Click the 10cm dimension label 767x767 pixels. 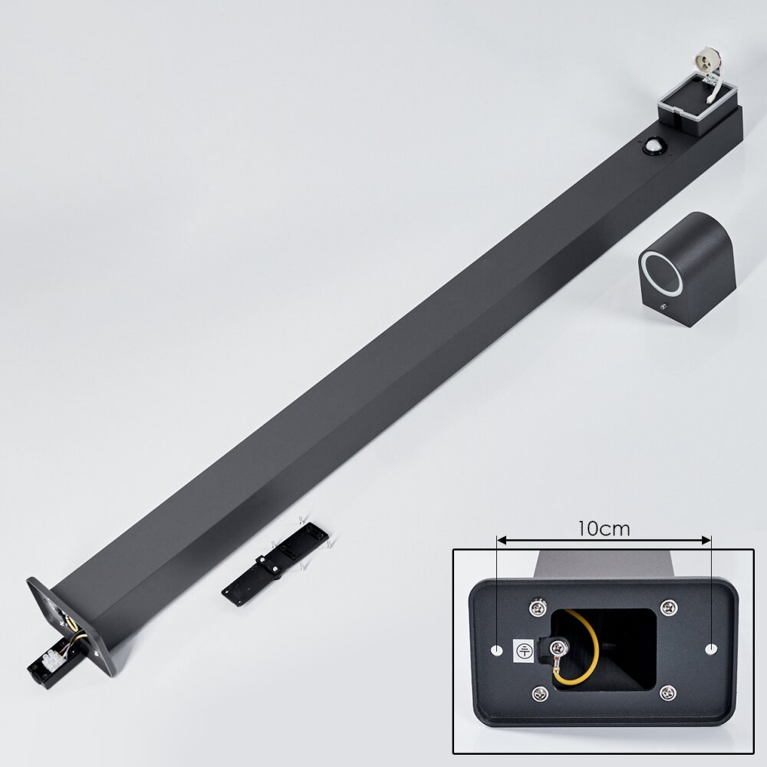tap(604, 528)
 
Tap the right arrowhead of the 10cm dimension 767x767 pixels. tap(706, 540)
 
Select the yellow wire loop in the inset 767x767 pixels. tap(578, 654)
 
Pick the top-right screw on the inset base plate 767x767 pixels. tap(668, 607)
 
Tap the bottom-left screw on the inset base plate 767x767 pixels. tap(540, 693)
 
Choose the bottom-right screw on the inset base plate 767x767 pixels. tap(667, 693)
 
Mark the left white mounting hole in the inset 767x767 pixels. tap(497, 650)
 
